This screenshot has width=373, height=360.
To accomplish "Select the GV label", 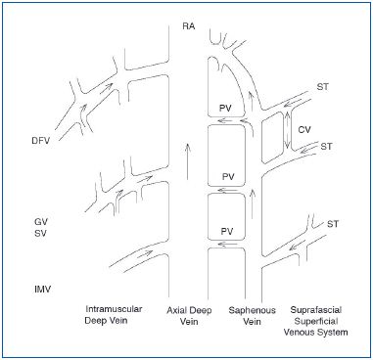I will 38,224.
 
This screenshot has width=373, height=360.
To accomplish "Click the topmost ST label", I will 323,89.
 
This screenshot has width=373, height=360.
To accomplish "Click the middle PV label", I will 227,177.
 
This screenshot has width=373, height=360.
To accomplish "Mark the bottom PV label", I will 227,231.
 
